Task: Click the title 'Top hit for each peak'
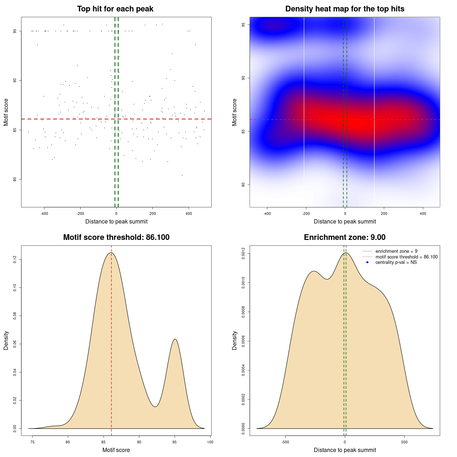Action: (x=115, y=9)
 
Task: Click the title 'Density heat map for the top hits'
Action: (x=345, y=9)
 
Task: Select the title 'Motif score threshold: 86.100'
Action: (x=116, y=237)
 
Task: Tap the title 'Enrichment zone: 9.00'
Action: (x=345, y=237)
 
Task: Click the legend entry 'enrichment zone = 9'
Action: (x=396, y=251)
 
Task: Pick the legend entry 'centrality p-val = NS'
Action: (x=396, y=262)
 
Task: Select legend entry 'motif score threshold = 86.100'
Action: (x=406, y=257)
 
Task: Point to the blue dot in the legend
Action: (x=367, y=262)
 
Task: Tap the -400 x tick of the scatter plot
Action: (x=44, y=214)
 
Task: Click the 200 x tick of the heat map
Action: (x=384, y=214)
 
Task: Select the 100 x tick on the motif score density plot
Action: (x=210, y=442)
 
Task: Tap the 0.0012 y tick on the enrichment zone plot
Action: (x=243, y=253)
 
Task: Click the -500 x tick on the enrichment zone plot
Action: (x=285, y=442)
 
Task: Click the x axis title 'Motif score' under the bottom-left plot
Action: (x=116, y=450)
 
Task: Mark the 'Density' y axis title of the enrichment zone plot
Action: (x=235, y=340)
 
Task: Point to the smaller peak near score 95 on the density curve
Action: (x=175, y=339)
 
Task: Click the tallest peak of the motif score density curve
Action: (x=111, y=253)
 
